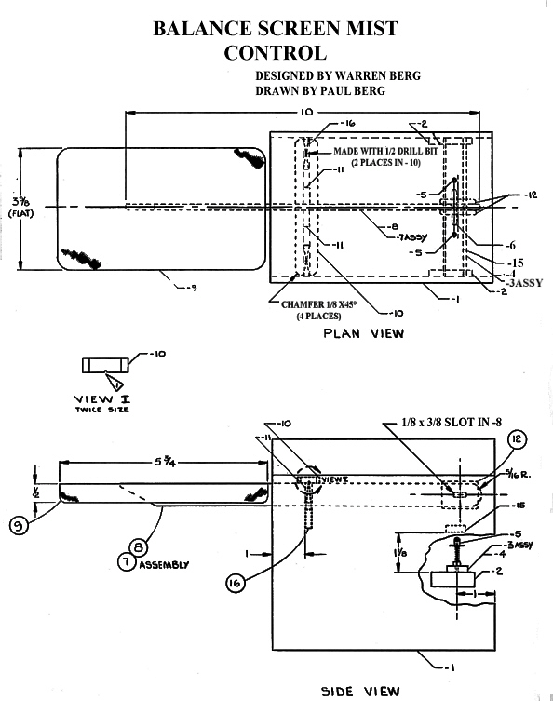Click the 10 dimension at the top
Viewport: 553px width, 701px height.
(307, 112)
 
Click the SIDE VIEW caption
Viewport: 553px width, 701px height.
(360, 691)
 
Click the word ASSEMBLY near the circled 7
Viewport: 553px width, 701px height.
(164, 564)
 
